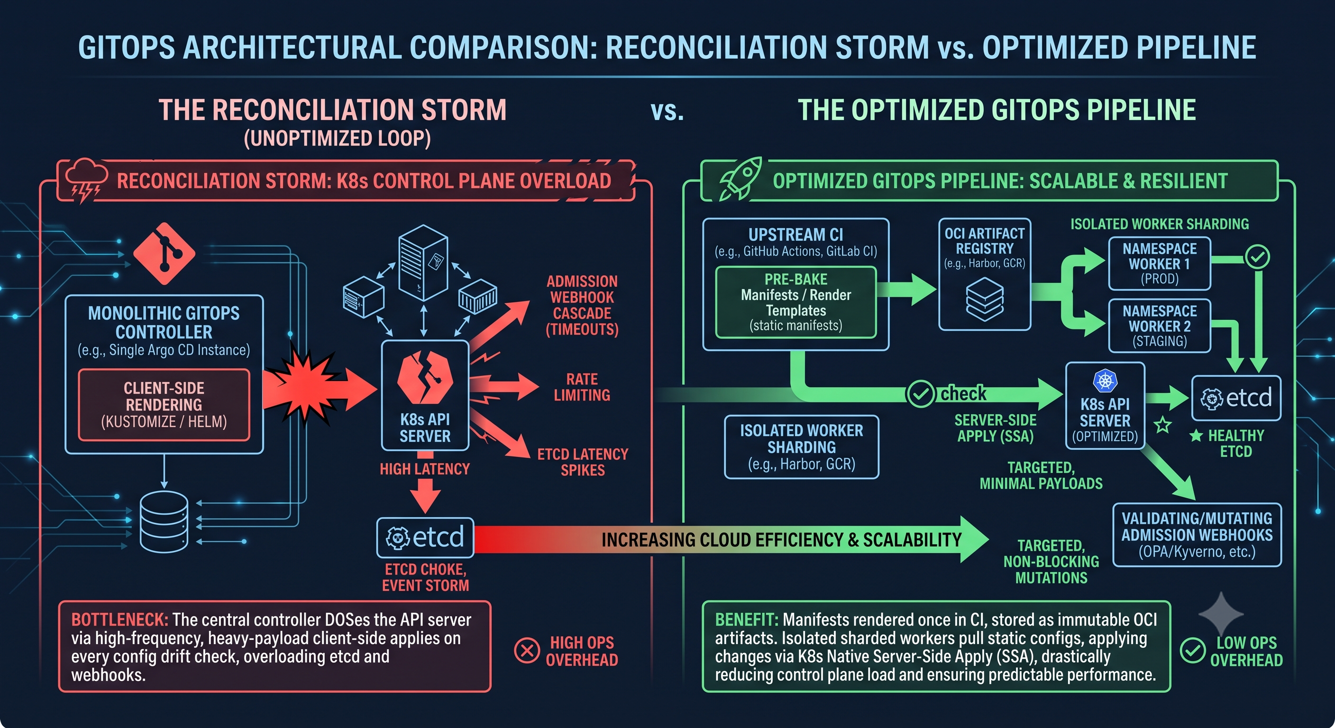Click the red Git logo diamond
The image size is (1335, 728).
(x=165, y=254)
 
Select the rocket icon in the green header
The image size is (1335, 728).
(x=741, y=179)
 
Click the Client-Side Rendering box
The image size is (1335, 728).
(x=164, y=405)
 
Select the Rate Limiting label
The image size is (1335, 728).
(x=582, y=387)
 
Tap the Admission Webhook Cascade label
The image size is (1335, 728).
(x=582, y=305)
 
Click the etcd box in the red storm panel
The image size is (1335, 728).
(x=425, y=537)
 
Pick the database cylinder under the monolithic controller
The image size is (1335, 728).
(x=165, y=522)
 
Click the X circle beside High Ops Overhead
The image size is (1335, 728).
(x=527, y=650)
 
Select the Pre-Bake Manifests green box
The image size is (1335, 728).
(x=796, y=302)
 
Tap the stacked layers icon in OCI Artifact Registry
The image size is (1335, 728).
(x=985, y=300)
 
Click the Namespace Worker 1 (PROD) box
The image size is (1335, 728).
(x=1160, y=263)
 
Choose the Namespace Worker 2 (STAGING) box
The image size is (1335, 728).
(x=1160, y=326)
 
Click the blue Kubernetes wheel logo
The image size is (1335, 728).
(x=1105, y=381)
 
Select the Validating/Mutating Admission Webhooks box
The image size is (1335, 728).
(x=1197, y=535)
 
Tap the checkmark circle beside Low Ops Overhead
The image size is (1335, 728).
(x=1192, y=650)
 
